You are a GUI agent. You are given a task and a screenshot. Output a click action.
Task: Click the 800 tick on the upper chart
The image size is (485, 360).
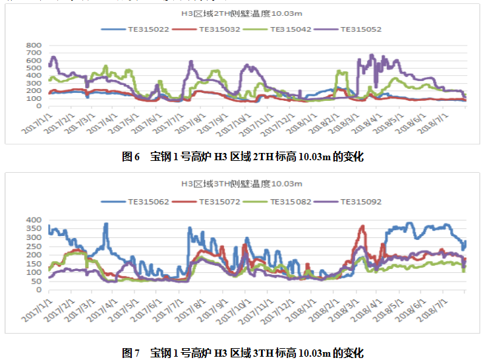34,45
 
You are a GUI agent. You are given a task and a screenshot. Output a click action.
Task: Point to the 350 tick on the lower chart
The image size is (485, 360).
34,228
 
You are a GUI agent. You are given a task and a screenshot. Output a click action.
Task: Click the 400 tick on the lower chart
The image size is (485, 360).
34,220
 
